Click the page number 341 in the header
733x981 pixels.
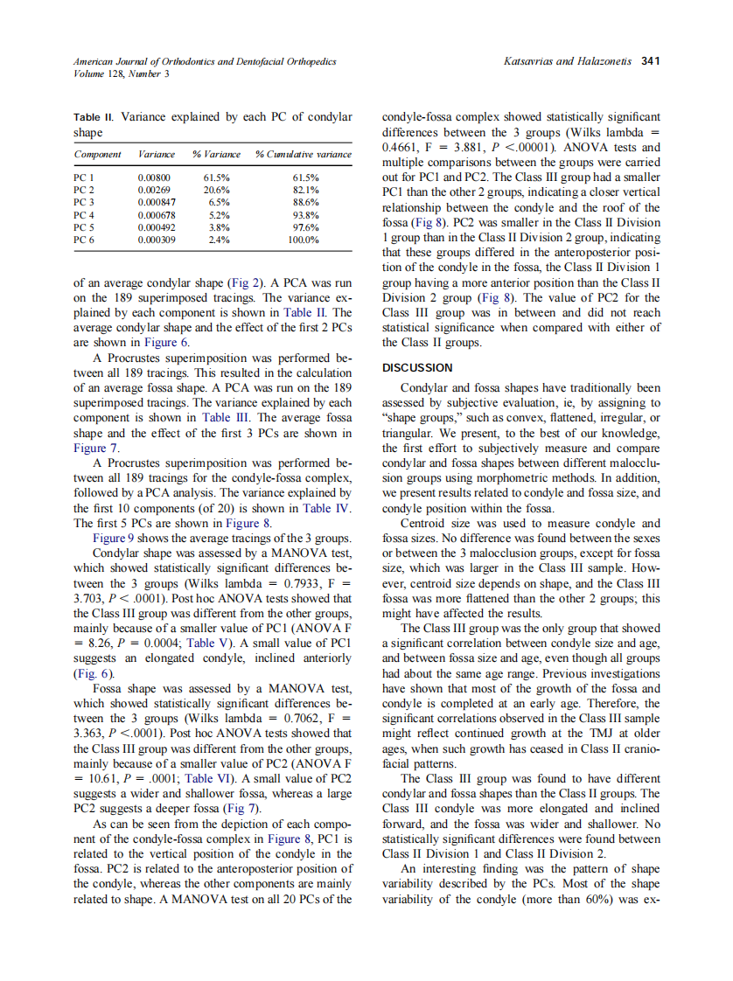click(x=650, y=61)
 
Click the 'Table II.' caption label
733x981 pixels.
click(x=94, y=116)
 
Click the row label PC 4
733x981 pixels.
click(x=84, y=213)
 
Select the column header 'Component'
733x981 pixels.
click(x=97, y=155)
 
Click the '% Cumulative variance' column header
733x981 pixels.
click(x=303, y=155)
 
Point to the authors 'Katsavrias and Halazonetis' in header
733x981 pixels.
click(x=569, y=61)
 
